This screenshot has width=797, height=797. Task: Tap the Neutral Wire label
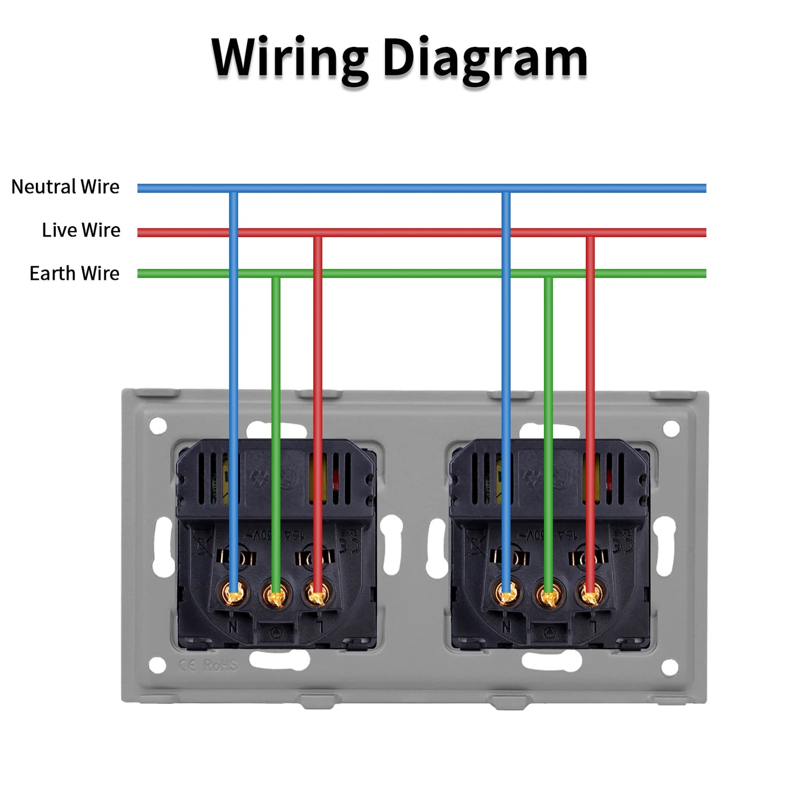[65, 187]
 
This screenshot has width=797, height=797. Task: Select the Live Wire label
[81, 230]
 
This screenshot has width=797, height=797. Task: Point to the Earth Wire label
[74, 274]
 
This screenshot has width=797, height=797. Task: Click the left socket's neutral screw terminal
[234, 594]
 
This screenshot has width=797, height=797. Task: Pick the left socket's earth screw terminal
[276, 595]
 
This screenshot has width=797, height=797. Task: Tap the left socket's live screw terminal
[317, 594]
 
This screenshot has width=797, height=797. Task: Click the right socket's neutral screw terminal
[506, 594]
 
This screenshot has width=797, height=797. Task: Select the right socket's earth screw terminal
[548, 595]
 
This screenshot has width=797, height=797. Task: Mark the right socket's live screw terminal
[590, 594]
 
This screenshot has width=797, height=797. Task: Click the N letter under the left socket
[233, 627]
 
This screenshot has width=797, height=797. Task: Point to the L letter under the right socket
[592, 627]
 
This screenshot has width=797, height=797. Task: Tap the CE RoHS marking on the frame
[208, 666]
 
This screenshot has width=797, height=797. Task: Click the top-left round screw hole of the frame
[158, 425]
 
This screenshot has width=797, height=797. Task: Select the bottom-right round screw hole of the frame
[670, 667]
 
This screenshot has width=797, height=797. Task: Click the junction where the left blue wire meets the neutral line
[234, 189]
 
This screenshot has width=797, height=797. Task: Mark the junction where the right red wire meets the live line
[590, 233]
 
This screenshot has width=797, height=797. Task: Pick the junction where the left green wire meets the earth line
[276, 274]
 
